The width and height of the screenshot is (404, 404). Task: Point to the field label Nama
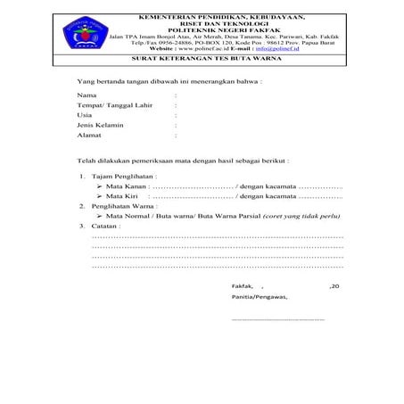pyautogui.click(x=87, y=94)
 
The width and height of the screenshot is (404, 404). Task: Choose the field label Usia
pyautogui.click(x=85, y=115)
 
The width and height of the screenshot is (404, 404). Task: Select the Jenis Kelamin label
pyautogui.click(x=100, y=126)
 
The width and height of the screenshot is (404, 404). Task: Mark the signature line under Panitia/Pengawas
pyautogui.click(x=277, y=318)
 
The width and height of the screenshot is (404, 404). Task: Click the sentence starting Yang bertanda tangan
pyautogui.click(x=169, y=80)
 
